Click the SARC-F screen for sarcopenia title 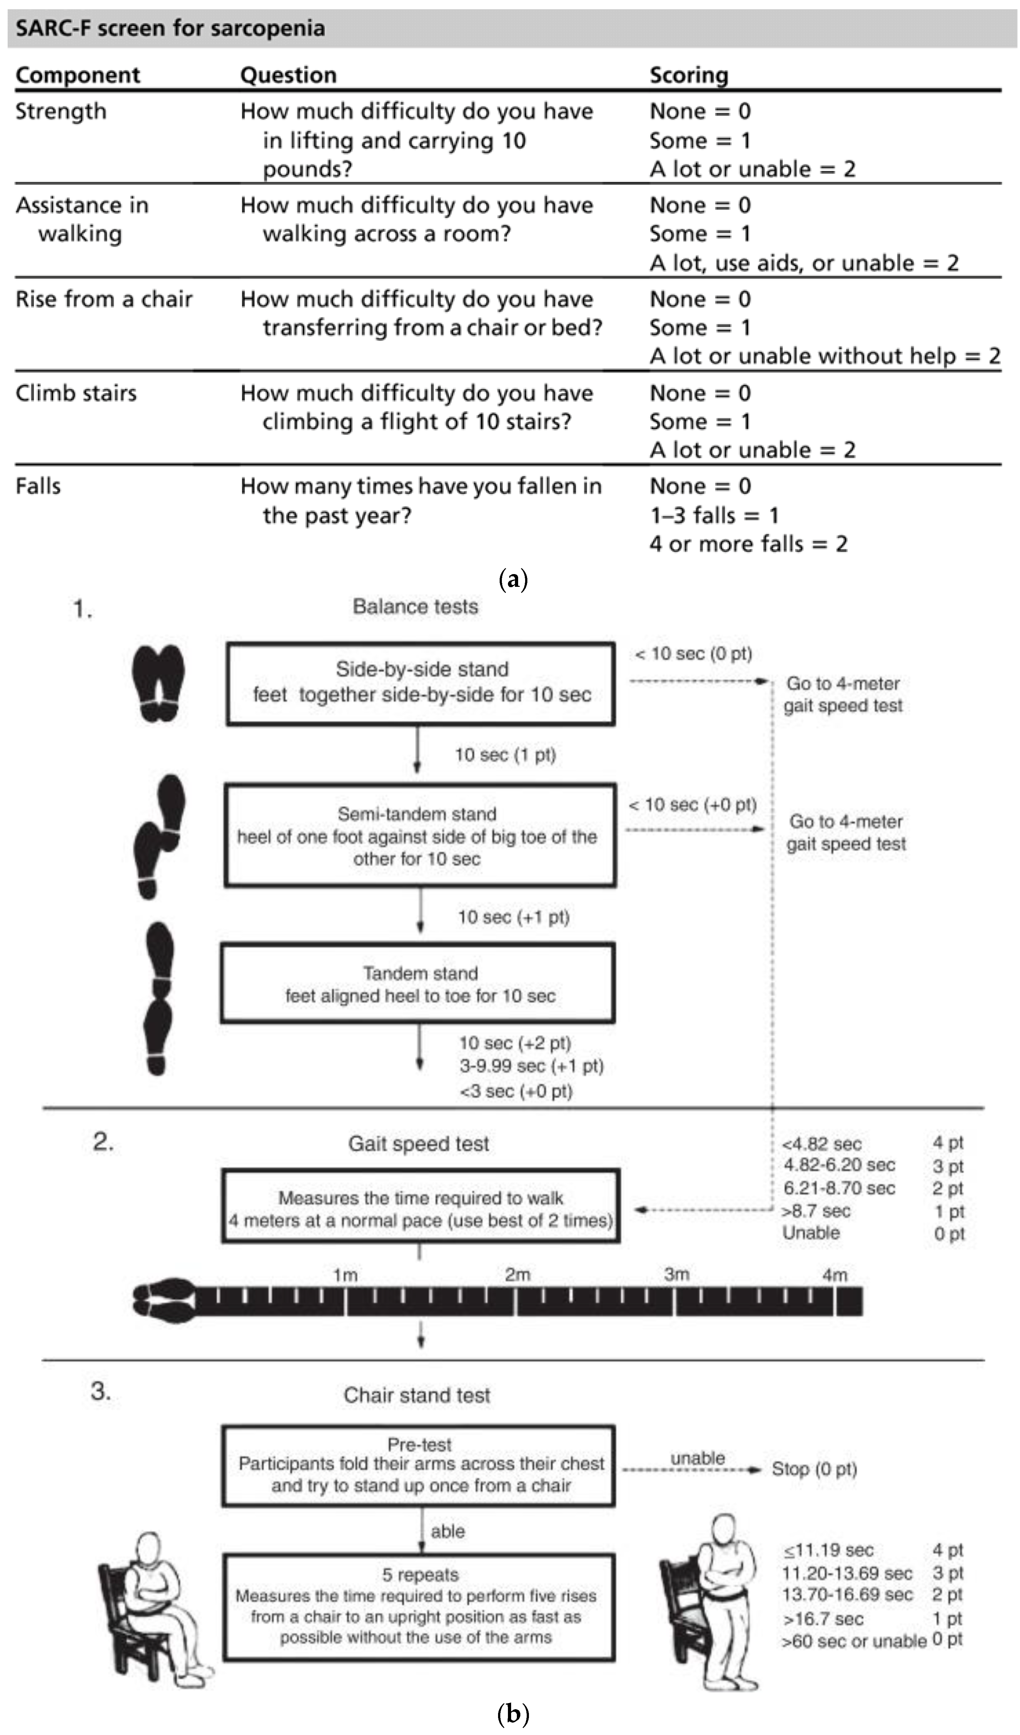(x=170, y=28)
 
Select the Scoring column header (x=689, y=75)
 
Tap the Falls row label (x=39, y=486)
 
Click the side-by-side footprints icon (x=158, y=683)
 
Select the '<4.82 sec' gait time (x=822, y=1144)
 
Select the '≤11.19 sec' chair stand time (x=829, y=1551)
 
